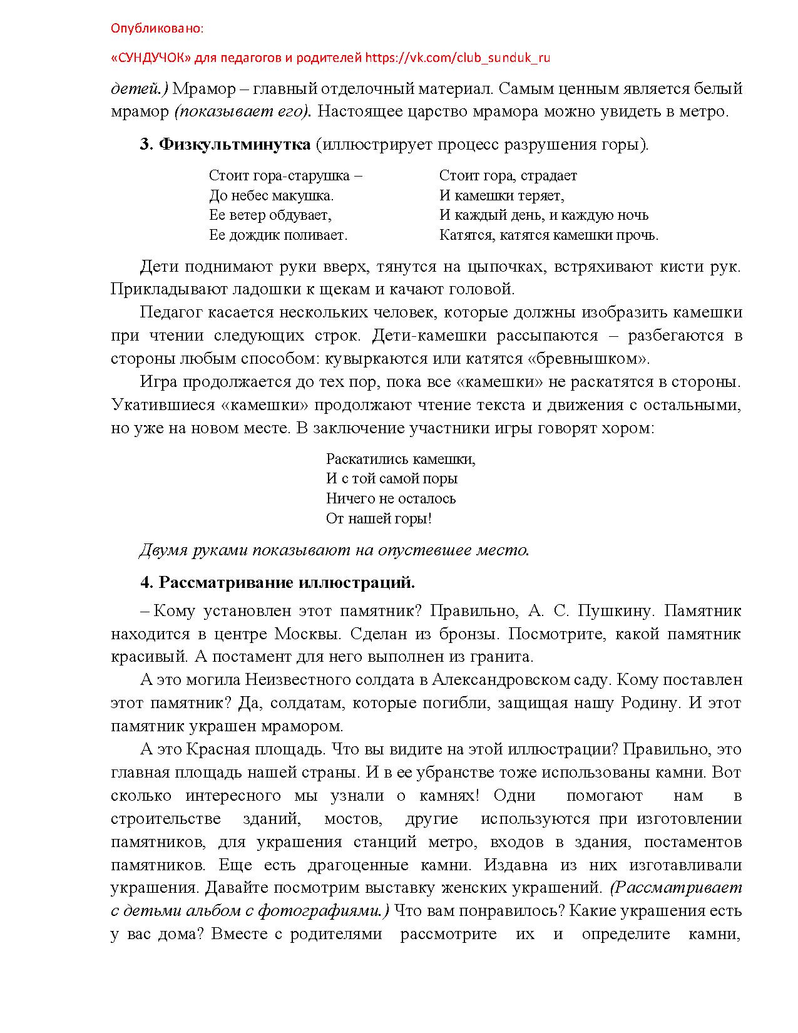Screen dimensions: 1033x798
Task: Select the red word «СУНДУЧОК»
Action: coord(151,58)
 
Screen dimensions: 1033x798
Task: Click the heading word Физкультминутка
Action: coord(235,145)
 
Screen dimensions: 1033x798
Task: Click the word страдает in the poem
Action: coord(549,175)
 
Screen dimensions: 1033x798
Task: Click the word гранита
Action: coord(504,657)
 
